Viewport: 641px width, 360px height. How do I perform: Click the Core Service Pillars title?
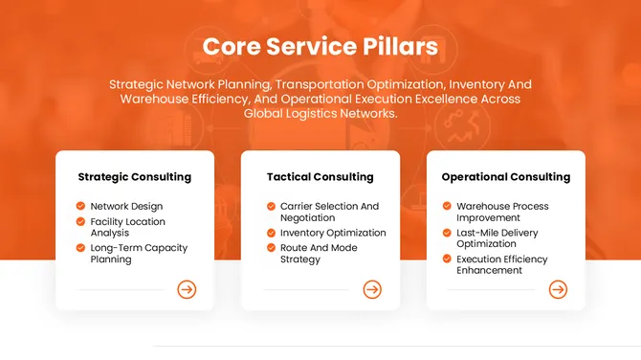click(320, 47)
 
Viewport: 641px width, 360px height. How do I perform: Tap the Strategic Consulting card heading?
click(134, 177)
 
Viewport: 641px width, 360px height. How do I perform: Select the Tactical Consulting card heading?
click(320, 177)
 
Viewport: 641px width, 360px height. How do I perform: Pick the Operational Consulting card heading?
click(505, 177)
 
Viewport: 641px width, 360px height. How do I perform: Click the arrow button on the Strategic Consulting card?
click(187, 289)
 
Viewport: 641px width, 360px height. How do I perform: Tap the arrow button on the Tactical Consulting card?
click(372, 289)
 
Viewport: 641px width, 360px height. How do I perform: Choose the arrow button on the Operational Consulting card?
click(558, 289)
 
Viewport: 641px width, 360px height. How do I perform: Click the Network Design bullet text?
click(126, 206)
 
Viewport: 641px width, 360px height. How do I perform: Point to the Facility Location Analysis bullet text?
click(127, 227)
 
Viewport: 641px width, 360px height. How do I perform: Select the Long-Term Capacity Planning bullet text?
click(139, 254)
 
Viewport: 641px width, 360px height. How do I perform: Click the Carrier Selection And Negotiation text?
click(329, 212)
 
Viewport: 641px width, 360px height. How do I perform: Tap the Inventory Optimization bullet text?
click(333, 233)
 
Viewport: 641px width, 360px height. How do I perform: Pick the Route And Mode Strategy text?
click(320, 254)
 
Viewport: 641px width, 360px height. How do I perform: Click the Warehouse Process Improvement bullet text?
click(502, 212)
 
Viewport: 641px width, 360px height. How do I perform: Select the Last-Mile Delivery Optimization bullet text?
click(497, 238)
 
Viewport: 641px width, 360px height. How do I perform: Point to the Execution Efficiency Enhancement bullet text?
click(501, 264)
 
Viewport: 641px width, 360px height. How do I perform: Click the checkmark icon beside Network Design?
click(80, 206)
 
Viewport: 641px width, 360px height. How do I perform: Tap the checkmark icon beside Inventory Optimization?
click(271, 233)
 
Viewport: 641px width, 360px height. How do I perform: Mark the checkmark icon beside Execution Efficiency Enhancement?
click(447, 259)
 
